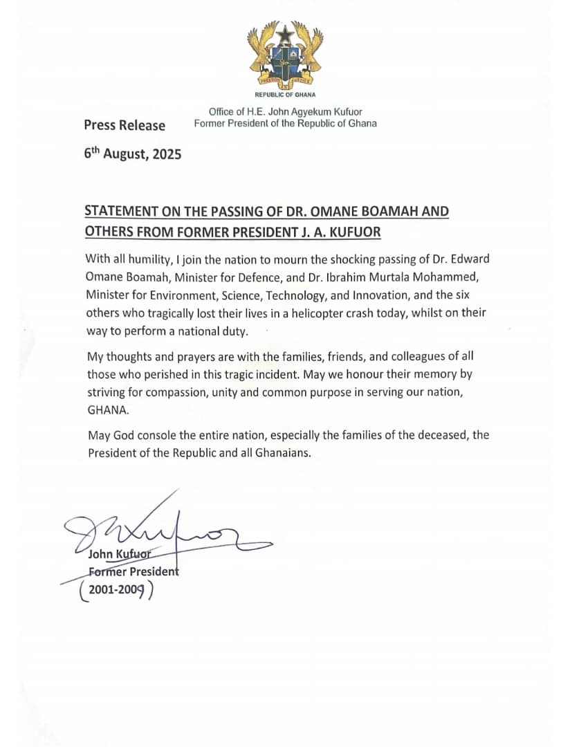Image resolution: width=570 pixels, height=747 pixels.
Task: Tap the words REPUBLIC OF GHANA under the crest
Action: pos(285,95)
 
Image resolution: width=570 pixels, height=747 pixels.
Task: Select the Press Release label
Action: pos(125,125)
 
